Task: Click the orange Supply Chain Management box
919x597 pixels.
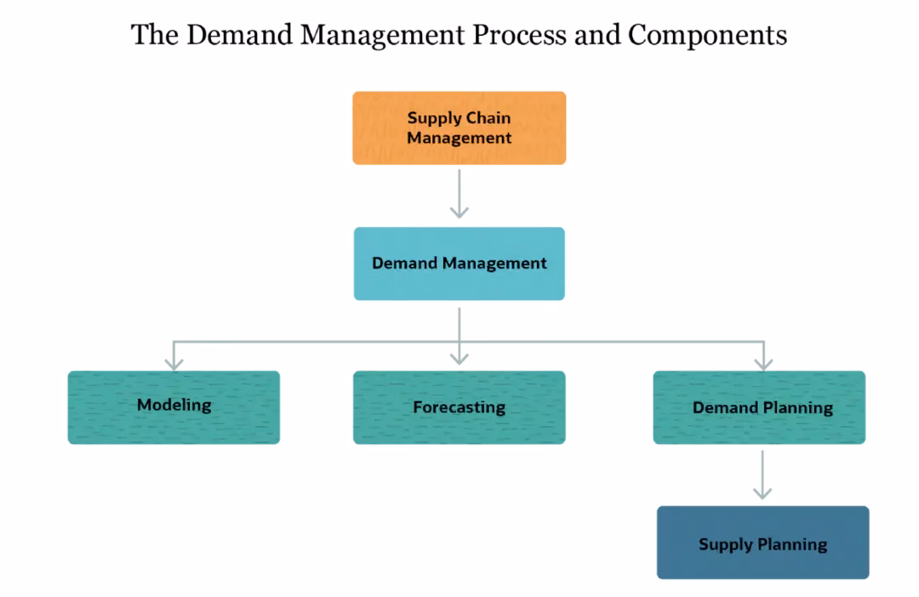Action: click(x=459, y=128)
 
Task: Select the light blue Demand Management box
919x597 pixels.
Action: click(x=459, y=264)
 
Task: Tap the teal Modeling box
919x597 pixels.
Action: click(x=174, y=407)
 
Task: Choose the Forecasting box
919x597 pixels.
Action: click(x=459, y=407)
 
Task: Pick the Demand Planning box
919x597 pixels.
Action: click(x=759, y=407)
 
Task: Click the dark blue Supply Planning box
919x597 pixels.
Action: click(x=762, y=543)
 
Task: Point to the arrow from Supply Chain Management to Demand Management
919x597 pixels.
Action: click(x=459, y=194)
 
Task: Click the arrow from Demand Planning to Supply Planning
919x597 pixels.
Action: click(x=762, y=475)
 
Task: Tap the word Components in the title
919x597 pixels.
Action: click(x=707, y=36)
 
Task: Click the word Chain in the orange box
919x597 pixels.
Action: click(x=489, y=118)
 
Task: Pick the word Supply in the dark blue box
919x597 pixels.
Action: click(x=725, y=544)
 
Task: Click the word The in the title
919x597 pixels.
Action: click(x=153, y=36)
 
